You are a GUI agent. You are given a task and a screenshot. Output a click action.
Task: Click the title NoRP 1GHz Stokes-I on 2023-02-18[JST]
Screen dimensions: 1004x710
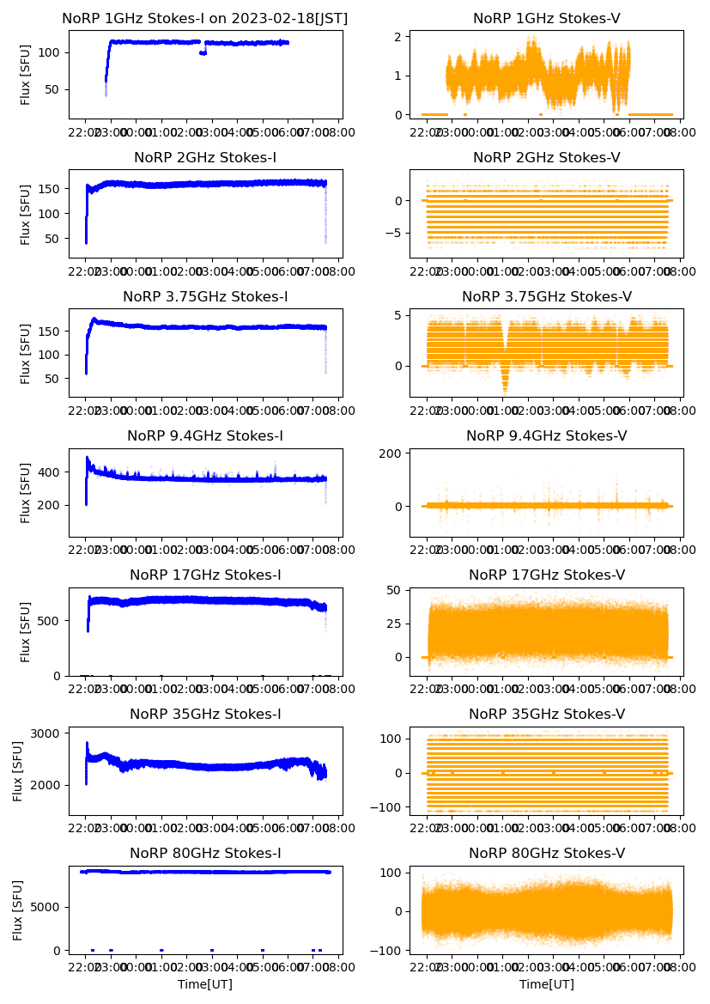tap(205, 19)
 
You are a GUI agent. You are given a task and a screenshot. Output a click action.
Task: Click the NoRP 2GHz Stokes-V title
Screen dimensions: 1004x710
tap(547, 158)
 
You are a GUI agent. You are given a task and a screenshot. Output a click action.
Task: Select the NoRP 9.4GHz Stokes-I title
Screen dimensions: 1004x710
tap(205, 436)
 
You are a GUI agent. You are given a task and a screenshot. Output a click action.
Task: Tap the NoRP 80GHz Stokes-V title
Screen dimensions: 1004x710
tap(547, 854)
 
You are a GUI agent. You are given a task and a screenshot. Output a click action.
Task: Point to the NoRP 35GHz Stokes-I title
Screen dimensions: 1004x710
tap(205, 715)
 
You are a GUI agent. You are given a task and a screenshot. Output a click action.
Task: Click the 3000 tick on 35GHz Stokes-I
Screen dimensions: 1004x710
tap(47, 733)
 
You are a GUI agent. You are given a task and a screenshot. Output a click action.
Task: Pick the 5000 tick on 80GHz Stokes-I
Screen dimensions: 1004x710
tap(47, 907)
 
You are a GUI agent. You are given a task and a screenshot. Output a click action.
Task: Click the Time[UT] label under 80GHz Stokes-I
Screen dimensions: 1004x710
tap(205, 984)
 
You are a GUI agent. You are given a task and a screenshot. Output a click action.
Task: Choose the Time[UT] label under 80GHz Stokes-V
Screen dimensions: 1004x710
tap(547, 984)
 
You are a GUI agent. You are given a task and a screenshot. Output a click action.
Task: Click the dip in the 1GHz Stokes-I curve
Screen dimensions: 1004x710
tap(203, 53)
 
